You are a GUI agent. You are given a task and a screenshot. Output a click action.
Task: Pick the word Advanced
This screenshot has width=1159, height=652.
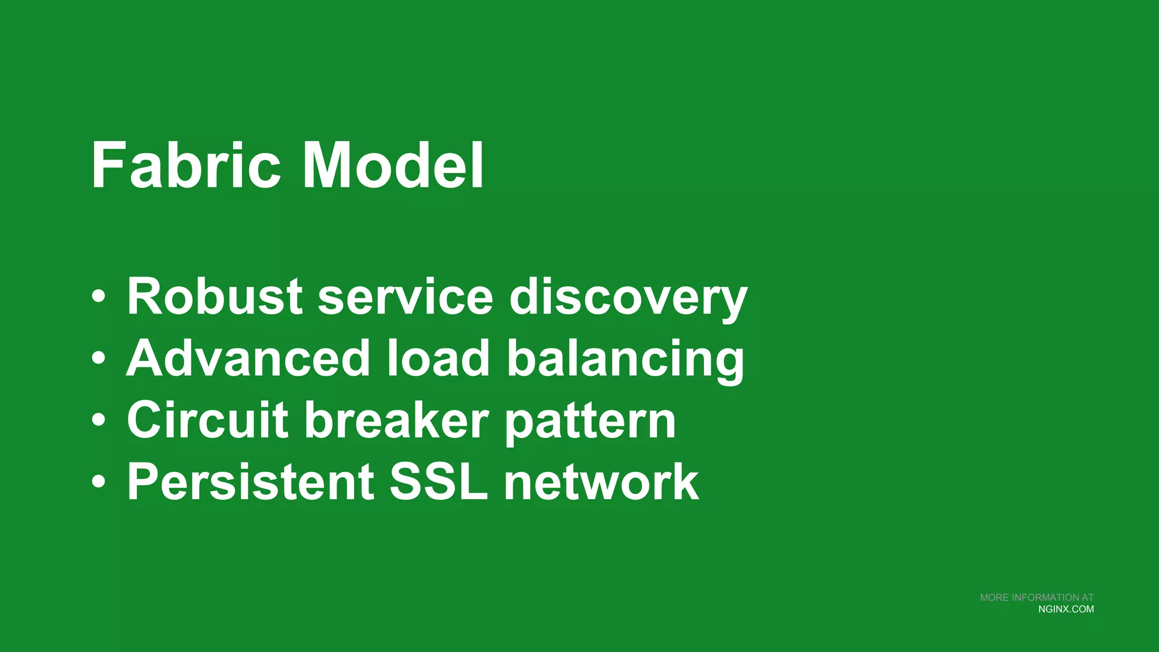pyautogui.click(x=248, y=358)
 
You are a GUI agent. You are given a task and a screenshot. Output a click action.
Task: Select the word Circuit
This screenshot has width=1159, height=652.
pyautogui.click(x=208, y=420)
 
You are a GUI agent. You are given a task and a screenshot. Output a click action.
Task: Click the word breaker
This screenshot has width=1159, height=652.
pyautogui.click(x=397, y=420)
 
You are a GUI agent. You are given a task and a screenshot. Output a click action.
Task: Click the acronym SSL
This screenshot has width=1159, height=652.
pyautogui.click(x=439, y=482)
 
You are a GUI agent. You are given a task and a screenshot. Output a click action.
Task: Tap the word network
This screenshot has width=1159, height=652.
pyautogui.click(x=601, y=482)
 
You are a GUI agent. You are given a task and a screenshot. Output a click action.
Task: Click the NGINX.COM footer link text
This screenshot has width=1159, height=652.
pyautogui.click(x=1066, y=610)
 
